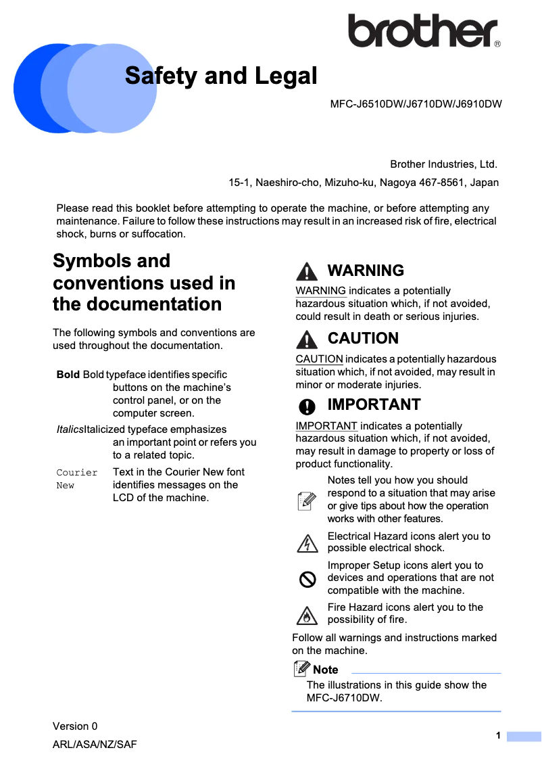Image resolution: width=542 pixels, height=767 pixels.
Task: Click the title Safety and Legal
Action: [x=221, y=76]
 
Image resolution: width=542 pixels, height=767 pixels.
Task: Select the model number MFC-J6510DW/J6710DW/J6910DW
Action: [x=416, y=104]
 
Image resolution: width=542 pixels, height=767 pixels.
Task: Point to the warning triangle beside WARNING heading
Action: [x=306, y=271]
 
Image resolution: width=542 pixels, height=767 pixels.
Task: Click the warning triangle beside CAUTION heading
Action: [x=306, y=339]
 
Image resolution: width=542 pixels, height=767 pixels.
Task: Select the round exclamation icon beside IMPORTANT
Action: [x=307, y=406]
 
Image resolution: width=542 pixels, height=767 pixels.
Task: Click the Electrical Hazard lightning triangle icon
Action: [x=307, y=542]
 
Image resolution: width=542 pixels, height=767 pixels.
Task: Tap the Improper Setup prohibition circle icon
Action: [x=307, y=578]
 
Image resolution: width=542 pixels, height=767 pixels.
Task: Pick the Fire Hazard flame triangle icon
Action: [x=307, y=615]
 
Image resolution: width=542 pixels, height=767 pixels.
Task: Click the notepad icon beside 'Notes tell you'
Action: [x=307, y=501]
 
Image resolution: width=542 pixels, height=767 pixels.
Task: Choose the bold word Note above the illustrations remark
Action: [x=326, y=670]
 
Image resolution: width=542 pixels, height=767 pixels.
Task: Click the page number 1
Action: [x=498, y=736]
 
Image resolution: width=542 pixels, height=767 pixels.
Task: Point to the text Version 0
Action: [x=75, y=726]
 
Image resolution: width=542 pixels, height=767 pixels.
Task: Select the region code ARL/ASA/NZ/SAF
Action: [x=95, y=745]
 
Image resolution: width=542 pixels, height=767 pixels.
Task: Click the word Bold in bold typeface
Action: [x=68, y=375]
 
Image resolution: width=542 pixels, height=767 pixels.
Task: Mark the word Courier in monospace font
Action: [x=77, y=472]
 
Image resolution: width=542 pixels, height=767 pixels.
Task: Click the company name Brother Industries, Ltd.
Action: [x=443, y=164]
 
